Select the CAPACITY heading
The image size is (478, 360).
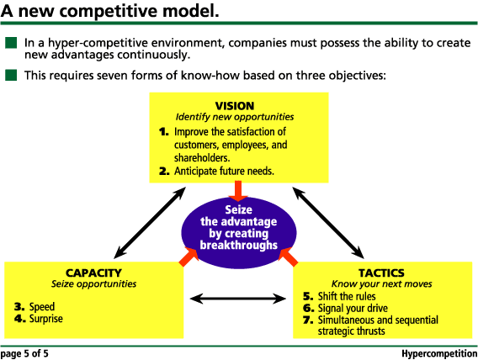tap(93, 273)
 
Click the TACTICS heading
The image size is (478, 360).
tap(380, 273)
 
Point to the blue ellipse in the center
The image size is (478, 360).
tap(238, 227)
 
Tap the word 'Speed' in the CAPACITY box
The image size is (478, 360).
tap(41, 307)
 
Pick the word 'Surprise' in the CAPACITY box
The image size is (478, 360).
tap(45, 319)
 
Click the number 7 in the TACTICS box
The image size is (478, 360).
tap(308, 320)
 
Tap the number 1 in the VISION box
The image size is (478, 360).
tap(164, 132)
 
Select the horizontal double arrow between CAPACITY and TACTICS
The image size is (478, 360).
tap(238, 297)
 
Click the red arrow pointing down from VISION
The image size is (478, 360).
tap(238, 190)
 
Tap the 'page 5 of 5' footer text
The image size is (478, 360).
tap(24, 353)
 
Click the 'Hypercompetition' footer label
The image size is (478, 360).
tap(437, 353)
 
